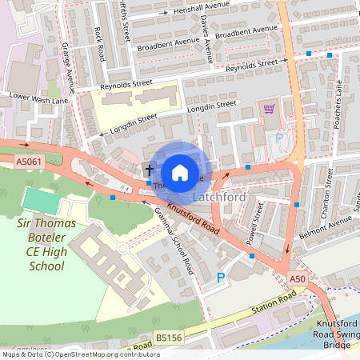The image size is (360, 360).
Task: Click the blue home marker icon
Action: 180,172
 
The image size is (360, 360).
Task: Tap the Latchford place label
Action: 218,196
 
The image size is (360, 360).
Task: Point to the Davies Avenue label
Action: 207,38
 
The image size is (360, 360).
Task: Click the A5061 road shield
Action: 27,161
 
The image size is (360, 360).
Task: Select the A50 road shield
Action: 298,278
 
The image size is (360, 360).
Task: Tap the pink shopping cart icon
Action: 269,109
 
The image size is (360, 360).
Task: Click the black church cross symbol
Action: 149,170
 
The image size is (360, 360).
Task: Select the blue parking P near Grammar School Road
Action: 221,278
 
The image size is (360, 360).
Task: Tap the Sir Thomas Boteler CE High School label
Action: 46,244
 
